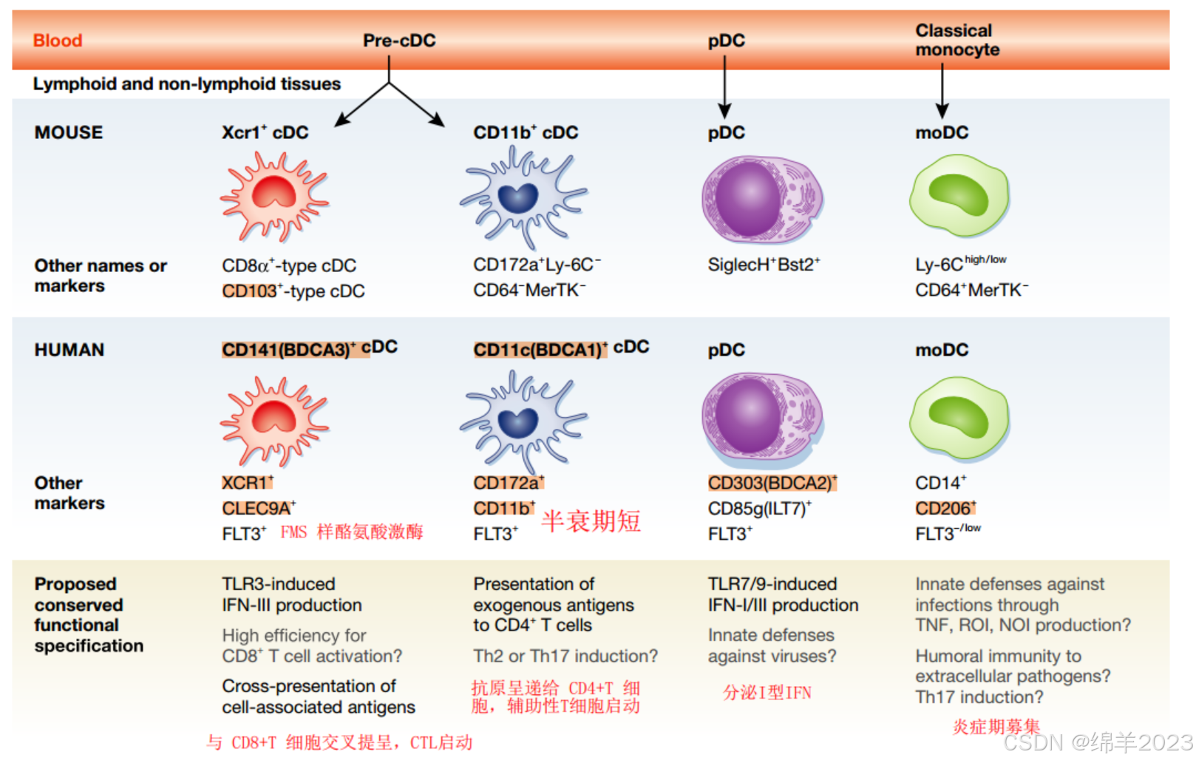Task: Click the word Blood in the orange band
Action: coord(58,41)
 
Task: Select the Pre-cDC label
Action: coord(399,41)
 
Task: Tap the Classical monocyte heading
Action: coord(957,40)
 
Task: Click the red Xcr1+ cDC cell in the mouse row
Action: coord(274,197)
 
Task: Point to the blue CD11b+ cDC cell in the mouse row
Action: coord(521,197)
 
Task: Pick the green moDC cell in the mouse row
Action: coord(959,195)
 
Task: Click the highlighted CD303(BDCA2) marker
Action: coord(772,483)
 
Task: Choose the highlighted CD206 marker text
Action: coord(945,509)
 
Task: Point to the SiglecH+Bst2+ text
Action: coord(764,265)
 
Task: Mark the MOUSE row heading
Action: coord(69,133)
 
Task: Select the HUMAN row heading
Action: coord(69,350)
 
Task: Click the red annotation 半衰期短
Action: coord(591,521)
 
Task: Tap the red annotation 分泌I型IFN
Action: coord(767,693)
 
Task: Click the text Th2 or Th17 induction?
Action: coord(565,656)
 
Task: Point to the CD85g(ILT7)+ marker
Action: coord(759,509)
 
